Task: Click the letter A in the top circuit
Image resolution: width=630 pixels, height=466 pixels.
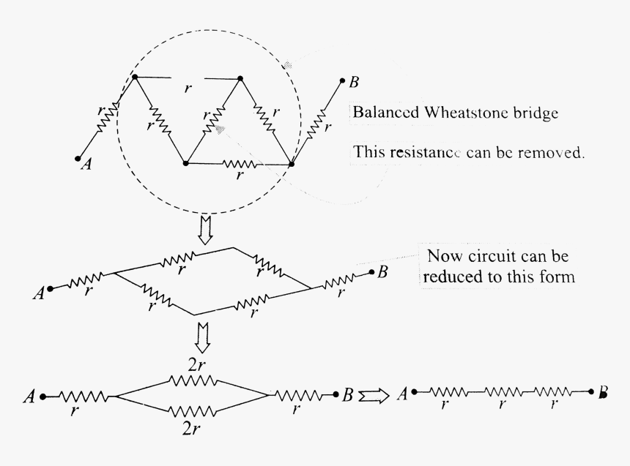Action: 86,165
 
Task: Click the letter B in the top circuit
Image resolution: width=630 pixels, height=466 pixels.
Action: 354,83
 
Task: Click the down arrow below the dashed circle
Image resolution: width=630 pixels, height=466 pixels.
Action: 206,230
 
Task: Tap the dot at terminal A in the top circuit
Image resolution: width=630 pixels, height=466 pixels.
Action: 77,157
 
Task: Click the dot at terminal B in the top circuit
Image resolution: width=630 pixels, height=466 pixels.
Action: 343,80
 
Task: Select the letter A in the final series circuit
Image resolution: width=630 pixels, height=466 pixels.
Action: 403,396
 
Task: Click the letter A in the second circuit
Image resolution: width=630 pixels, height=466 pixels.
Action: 38,294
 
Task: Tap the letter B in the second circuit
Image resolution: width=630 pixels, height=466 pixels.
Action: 382,273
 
